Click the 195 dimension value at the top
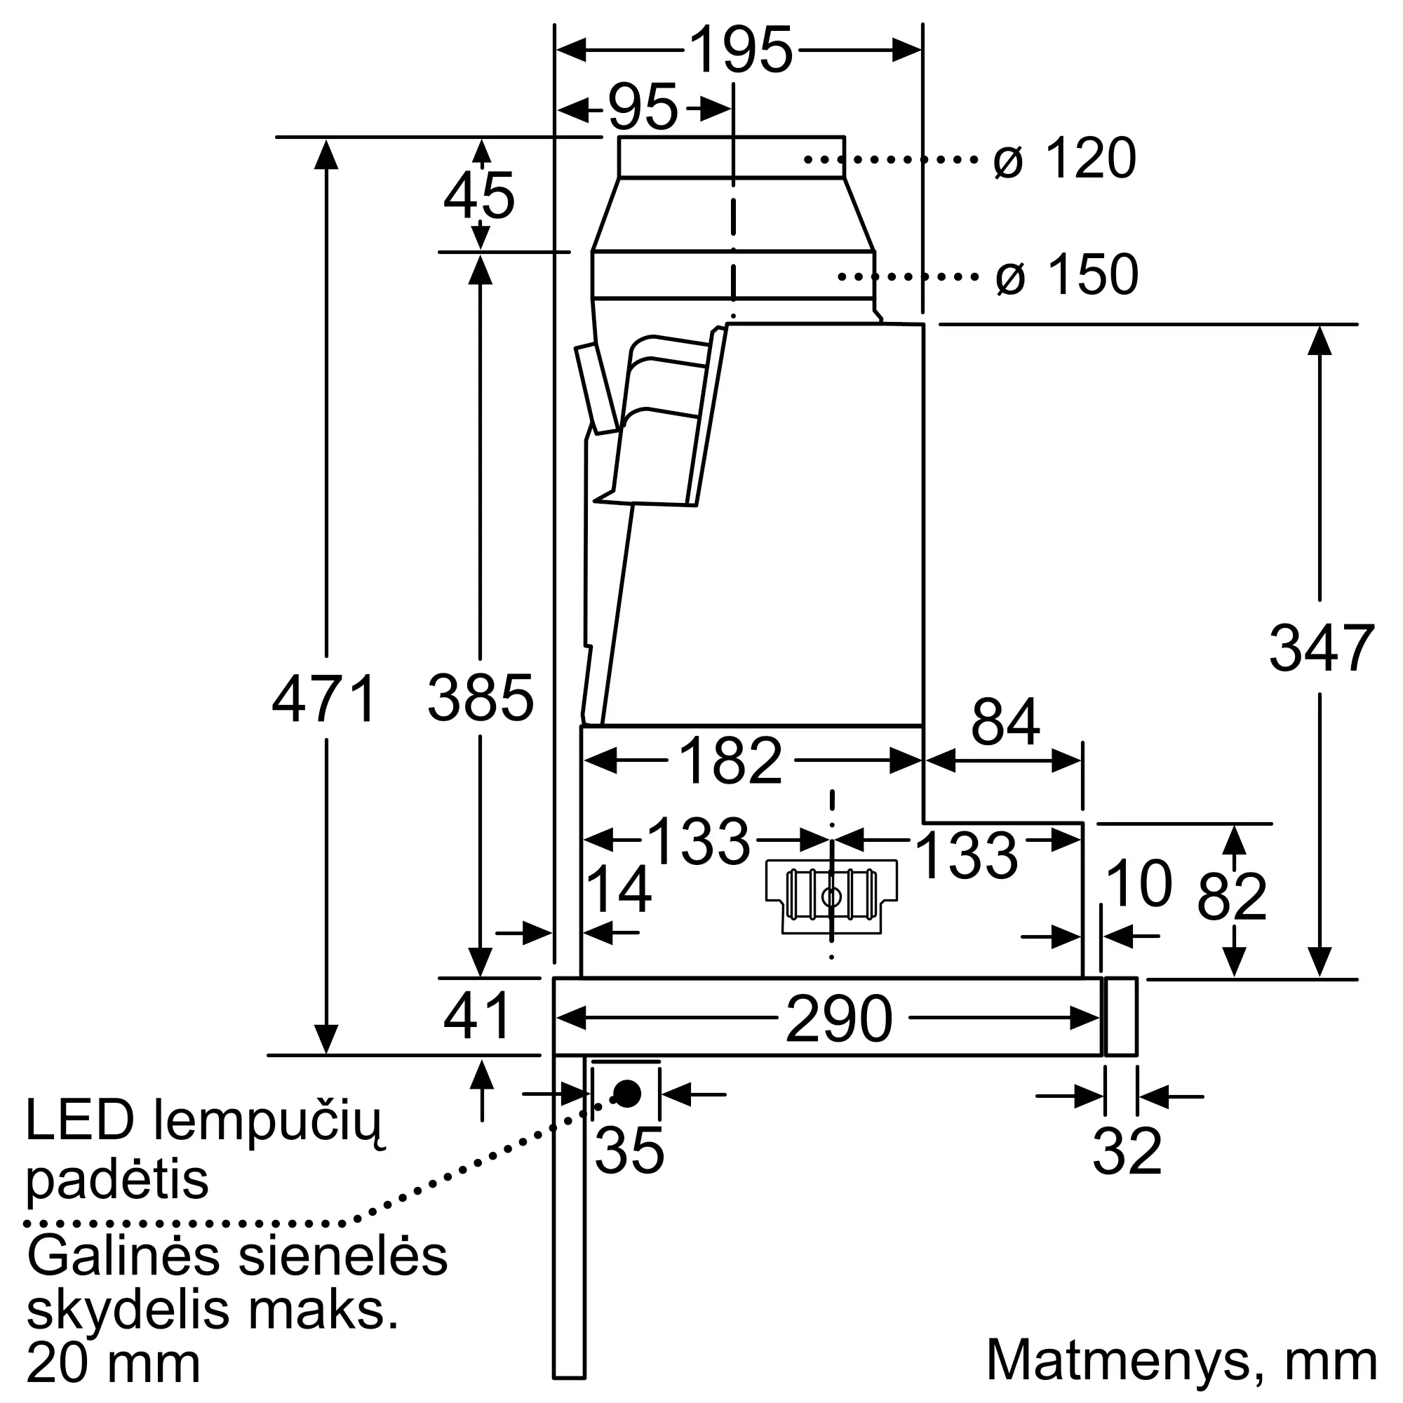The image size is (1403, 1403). (740, 50)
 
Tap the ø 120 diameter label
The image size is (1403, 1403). (1064, 159)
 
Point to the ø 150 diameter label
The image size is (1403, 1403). (1066, 275)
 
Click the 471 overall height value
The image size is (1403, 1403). (325, 699)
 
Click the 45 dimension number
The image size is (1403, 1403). (479, 196)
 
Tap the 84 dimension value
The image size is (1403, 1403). (1005, 723)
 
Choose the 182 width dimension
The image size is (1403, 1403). (730, 761)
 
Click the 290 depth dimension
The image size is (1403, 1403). (839, 1019)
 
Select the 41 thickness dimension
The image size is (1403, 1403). (478, 1016)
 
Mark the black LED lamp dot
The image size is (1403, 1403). (627, 1093)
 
